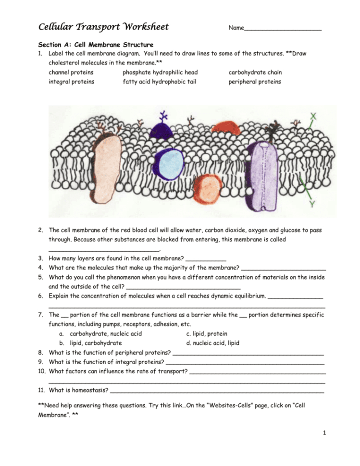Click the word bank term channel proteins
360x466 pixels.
pyautogui.click(x=71, y=73)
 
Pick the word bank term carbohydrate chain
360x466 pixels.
pyautogui.click(x=255, y=73)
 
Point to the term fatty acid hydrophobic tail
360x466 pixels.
pyautogui.click(x=159, y=82)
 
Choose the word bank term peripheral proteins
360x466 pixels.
pyautogui.click(x=255, y=82)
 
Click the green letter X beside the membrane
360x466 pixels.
pyautogui.click(x=314, y=116)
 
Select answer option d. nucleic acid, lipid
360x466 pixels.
pyautogui.click(x=212, y=343)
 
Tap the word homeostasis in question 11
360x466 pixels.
pyautogui.click(x=90, y=390)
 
